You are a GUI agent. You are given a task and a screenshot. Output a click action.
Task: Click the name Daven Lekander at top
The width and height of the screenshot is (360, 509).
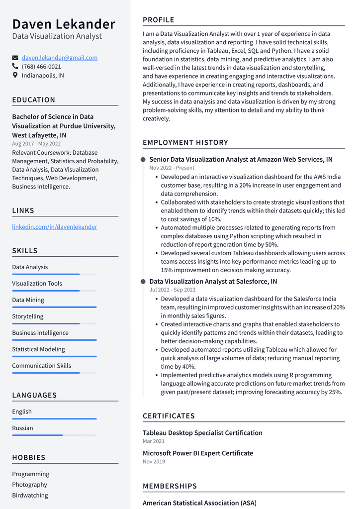click(64, 24)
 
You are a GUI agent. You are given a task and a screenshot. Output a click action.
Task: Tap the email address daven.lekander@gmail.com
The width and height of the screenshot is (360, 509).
click(60, 58)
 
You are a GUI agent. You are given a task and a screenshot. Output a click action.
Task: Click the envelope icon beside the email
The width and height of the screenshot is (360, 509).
click(15, 58)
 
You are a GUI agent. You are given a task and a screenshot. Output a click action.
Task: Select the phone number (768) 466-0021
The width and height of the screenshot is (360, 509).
click(41, 67)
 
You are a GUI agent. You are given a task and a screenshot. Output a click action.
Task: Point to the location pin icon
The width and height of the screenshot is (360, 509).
click(15, 76)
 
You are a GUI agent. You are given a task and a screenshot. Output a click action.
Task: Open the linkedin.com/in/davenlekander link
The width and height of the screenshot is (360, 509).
click(55, 227)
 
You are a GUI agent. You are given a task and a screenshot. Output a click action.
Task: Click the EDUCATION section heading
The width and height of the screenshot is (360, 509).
click(34, 100)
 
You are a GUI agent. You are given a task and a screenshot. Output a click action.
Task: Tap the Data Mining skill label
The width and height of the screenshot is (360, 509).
click(28, 300)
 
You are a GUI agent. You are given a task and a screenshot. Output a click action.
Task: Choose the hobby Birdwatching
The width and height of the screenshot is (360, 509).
click(30, 496)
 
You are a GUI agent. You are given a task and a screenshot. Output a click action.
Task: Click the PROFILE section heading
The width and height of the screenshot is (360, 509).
click(159, 20)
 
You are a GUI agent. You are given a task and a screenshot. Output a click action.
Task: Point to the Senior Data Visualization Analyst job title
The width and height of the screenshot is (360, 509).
click(241, 160)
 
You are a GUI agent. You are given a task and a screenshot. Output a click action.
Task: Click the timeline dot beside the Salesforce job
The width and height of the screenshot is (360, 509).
click(143, 282)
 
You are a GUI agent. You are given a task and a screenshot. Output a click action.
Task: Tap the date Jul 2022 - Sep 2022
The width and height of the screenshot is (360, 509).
click(172, 290)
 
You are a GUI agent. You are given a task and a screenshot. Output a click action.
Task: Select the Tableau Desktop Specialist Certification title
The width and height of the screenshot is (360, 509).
click(202, 433)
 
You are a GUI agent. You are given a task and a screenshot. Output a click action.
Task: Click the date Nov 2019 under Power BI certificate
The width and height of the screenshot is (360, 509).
click(154, 462)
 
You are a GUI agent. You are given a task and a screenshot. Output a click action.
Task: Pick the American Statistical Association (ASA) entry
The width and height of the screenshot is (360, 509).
click(199, 503)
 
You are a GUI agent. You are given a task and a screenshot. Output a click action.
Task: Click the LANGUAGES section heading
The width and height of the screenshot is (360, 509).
click(34, 396)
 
